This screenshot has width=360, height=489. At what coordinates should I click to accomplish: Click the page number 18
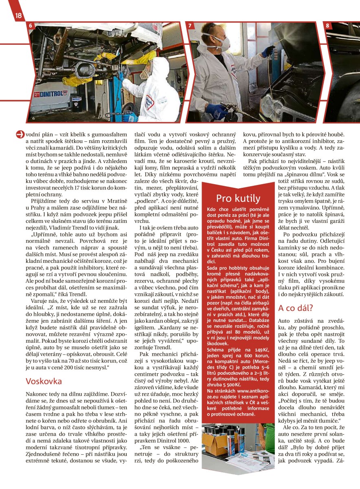18,16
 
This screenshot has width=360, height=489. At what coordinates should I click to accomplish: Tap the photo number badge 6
30,26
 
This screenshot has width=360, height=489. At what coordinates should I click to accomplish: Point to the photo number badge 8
327,26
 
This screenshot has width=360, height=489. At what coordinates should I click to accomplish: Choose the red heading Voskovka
44,381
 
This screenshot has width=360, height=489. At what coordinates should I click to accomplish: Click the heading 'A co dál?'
295,308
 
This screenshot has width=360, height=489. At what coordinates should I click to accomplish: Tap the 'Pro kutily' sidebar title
238,198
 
